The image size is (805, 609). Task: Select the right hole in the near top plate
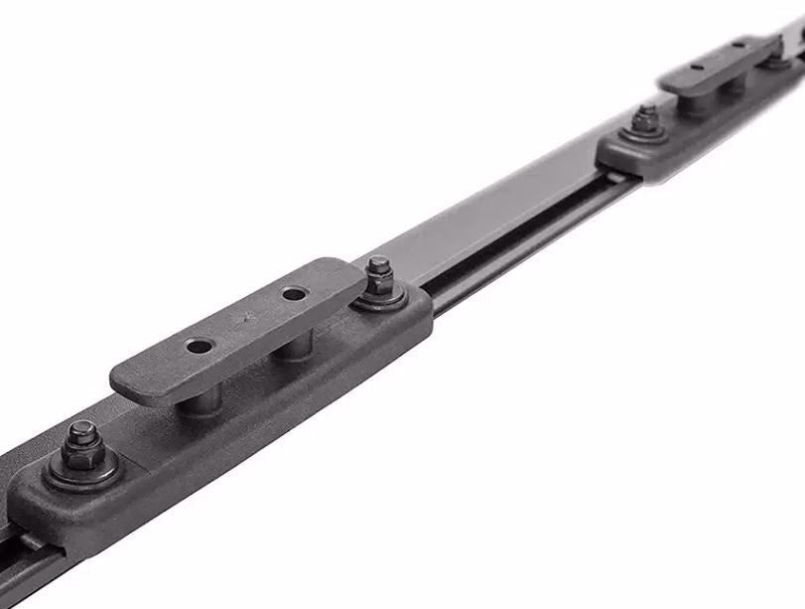click(x=293, y=295)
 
